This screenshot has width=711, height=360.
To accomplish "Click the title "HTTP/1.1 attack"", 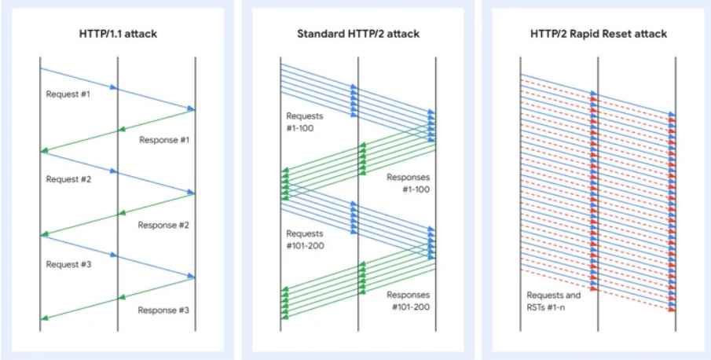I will [117, 35].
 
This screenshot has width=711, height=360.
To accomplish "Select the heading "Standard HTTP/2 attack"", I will [357, 35].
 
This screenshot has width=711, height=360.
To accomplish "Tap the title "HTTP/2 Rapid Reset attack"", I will [598, 35].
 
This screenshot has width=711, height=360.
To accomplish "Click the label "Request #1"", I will [68, 94].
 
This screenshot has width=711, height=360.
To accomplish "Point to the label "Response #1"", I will [164, 140].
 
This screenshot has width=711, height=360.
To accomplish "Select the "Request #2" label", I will [68, 179].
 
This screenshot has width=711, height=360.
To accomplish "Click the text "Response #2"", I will [164, 225].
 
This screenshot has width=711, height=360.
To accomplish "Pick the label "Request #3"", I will [68, 264].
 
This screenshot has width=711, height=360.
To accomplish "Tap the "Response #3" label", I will [164, 310].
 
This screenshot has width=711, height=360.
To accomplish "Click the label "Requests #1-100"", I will [304, 122].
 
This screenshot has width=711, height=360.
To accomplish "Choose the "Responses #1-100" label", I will [409, 182].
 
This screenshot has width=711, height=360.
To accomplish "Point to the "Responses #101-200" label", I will [409, 299].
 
